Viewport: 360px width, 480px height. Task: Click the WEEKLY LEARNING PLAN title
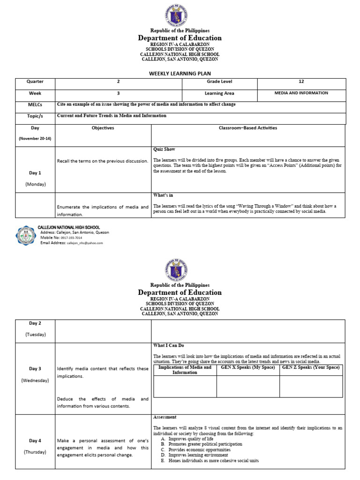(180, 74)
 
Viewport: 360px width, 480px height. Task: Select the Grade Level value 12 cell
(301, 82)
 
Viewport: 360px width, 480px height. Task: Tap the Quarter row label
(35, 82)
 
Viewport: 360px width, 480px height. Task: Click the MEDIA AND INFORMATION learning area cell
(301, 93)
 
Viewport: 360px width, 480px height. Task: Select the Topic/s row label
(35, 116)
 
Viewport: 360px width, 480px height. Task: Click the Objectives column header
(103, 128)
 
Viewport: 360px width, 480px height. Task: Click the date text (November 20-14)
(35, 139)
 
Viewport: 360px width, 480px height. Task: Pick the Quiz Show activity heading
(164, 150)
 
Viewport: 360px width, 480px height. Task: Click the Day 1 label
(35, 173)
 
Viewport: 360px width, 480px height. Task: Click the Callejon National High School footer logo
(25, 235)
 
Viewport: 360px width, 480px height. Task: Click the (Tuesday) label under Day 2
(35, 334)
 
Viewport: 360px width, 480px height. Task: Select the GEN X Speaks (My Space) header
(248, 367)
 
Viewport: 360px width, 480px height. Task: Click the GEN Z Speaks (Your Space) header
(311, 367)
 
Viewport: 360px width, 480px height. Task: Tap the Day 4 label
(35, 441)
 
